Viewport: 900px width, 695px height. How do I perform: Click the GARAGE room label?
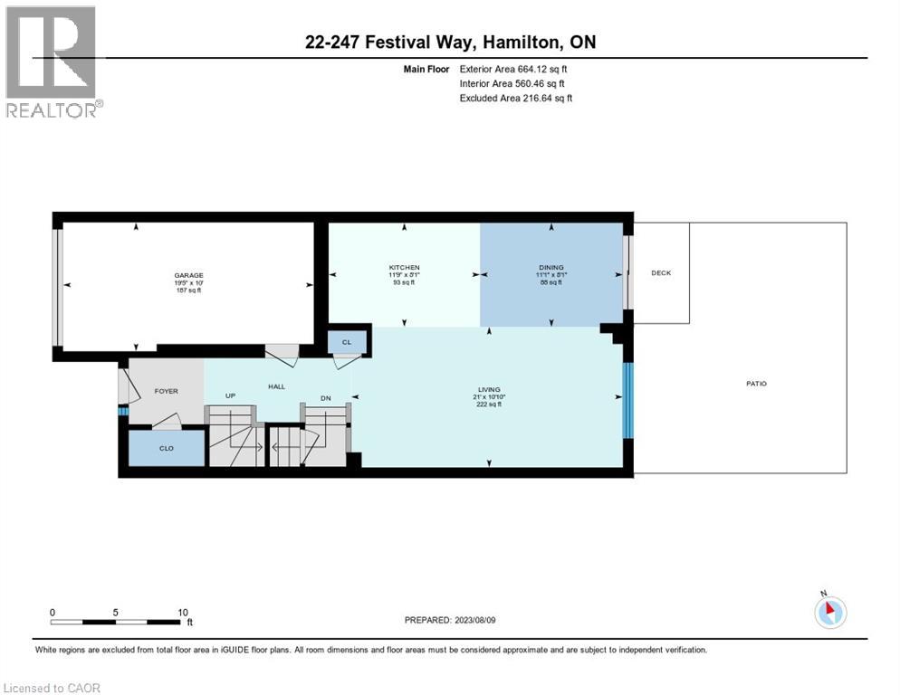click(x=189, y=275)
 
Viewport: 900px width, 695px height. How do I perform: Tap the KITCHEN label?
click(x=404, y=268)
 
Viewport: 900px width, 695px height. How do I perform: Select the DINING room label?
click(x=551, y=268)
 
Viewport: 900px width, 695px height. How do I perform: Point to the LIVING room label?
click(x=490, y=390)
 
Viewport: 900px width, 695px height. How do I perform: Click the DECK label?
click(x=661, y=272)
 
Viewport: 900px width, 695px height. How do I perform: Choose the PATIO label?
click(x=756, y=384)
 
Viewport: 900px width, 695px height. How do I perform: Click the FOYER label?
click(x=166, y=391)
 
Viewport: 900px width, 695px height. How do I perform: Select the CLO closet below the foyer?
click(x=167, y=448)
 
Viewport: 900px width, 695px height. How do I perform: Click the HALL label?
click(x=276, y=386)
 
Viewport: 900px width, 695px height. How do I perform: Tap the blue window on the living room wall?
click(x=628, y=398)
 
